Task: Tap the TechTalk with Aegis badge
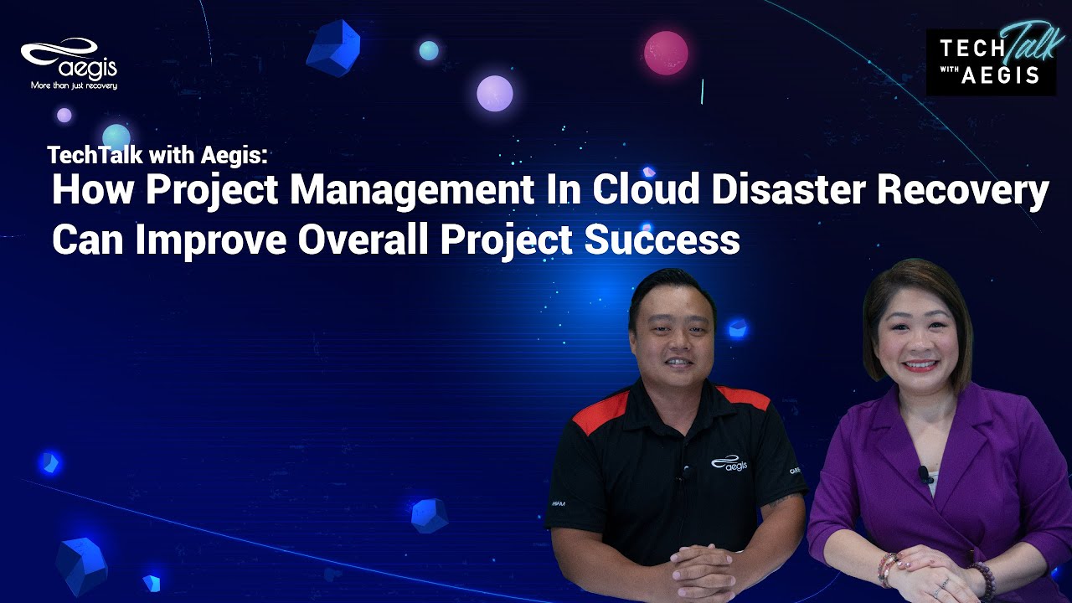pyautogui.click(x=990, y=61)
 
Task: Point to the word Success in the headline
pyautogui.click(x=662, y=240)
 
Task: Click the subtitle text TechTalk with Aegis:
pyautogui.click(x=157, y=155)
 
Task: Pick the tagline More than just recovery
pyautogui.click(x=74, y=85)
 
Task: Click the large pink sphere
pyautogui.click(x=666, y=53)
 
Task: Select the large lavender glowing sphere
pyautogui.click(x=494, y=93)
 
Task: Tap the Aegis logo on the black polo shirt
pyautogui.click(x=729, y=463)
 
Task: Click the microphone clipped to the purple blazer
pyautogui.click(x=925, y=475)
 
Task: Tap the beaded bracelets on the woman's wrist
pyautogui.click(x=888, y=569)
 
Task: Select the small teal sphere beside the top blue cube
pyautogui.click(x=428, y=50)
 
